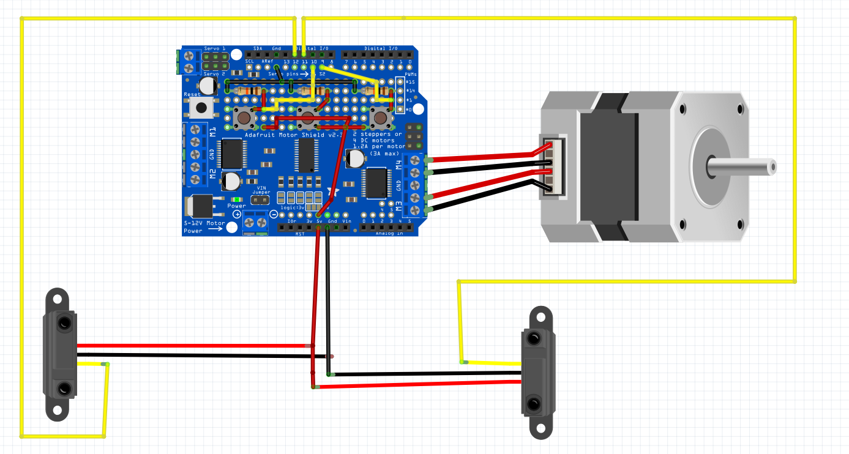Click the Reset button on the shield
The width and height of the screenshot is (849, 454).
click(200, 108)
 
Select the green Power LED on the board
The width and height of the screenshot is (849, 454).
click(237, 199)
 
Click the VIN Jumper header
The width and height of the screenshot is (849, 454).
click(261, 200)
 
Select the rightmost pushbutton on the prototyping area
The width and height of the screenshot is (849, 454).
click(380, 116)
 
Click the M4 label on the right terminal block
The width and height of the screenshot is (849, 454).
click(398, 163)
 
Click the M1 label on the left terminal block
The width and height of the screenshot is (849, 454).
click(212, 131)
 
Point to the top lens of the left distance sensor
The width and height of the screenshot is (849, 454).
click(64, 323)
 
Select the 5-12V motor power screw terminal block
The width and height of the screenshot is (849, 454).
click(255, 223)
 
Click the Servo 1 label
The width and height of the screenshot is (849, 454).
click(215, 48)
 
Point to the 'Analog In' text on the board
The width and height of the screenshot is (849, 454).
click(389, 233)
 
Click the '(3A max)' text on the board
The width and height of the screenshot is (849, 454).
click(384, 153)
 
